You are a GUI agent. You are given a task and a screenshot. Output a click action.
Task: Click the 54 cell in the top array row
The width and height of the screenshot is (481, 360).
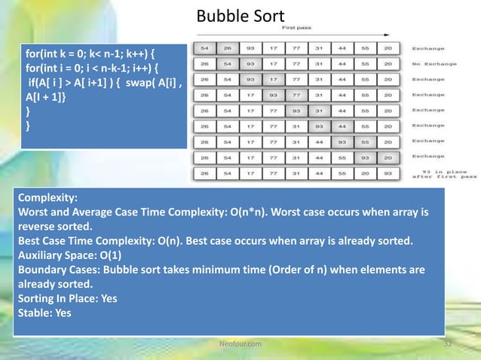[204, 48]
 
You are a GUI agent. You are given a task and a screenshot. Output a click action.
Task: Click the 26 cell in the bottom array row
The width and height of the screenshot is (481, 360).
[204, 172]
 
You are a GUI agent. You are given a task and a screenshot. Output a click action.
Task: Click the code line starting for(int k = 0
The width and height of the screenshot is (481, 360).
[89, 56]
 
